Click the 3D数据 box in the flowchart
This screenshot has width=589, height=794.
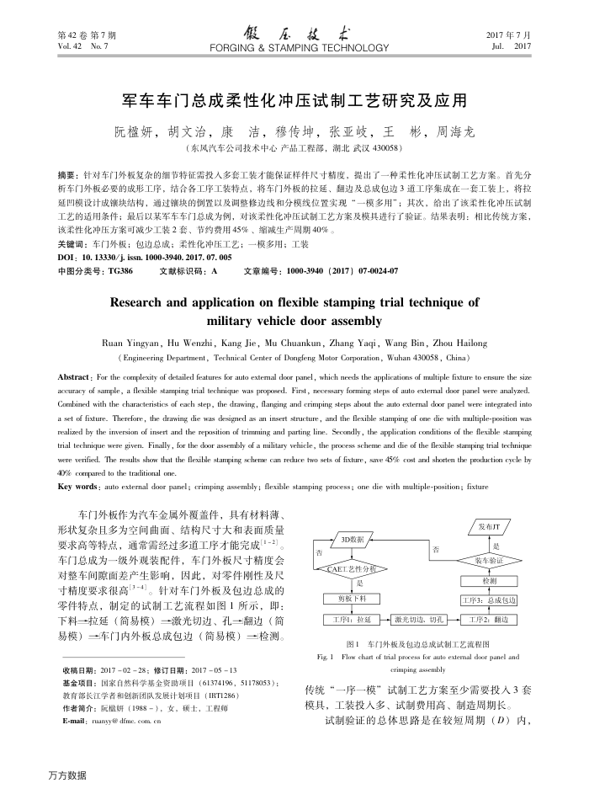(x=353, y=539)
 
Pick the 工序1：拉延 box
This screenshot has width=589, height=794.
(x=353, y=620)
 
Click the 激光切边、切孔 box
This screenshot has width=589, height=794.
(x=419, y=620)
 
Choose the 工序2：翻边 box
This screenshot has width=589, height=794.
(x=489, y=620)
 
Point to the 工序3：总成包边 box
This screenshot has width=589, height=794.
(x=489, y=600)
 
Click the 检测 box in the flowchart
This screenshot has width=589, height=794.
(x=489, y=581)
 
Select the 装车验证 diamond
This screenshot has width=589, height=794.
(x=489, y=560)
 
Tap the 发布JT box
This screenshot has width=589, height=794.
(x=489, y=528)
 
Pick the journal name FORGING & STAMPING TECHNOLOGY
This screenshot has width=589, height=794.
(x=294, y=49)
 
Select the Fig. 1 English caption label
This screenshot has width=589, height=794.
(x=324, y=656)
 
